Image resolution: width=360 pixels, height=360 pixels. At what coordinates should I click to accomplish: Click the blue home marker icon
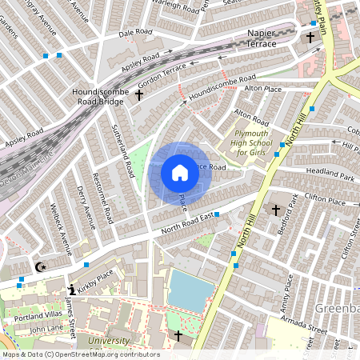(x=179, y=172)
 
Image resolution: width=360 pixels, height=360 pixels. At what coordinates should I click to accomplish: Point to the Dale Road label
(x=135, y=33)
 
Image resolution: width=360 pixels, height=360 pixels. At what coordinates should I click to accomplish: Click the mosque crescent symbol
(x=41, y=266)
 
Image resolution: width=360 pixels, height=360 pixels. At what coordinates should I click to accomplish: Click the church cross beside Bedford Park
(x=276, y=210)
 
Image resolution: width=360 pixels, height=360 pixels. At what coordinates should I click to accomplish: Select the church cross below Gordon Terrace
(x=138, y=95)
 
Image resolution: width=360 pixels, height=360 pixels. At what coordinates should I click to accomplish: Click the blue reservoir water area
(x=190, y=290)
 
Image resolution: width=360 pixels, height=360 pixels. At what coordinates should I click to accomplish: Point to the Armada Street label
(x=303, y=326)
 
